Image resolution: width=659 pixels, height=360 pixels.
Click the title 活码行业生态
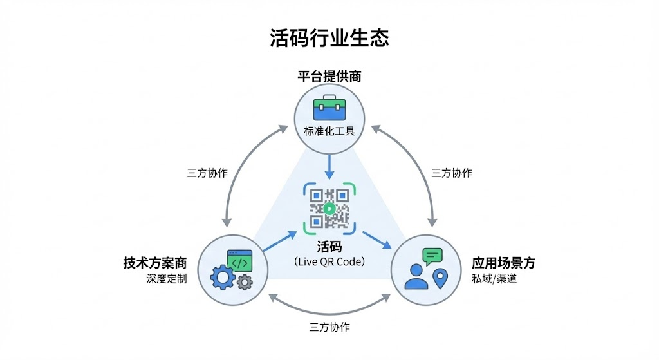[329, 38]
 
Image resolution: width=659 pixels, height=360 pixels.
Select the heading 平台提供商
[329, 77]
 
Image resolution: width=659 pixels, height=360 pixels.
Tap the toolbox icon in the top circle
[329, 109]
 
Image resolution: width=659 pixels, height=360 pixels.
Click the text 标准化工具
[329, 131]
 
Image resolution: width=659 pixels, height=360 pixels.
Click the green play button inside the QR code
[329, 208]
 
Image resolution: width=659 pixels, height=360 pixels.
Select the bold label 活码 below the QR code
[329, 247]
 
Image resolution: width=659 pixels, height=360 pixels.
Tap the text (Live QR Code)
[329, 262]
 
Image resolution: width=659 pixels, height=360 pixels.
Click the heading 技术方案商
[155, 263]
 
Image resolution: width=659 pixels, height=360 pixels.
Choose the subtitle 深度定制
[166, 279]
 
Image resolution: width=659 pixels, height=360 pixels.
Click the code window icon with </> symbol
[239, 262]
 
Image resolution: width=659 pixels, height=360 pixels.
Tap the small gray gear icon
[244, 282]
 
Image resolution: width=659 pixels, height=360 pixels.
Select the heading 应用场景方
[504, 263]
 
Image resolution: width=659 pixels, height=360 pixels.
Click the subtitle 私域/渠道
[494, 279]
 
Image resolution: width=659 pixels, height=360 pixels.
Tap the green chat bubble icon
[432, 256]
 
